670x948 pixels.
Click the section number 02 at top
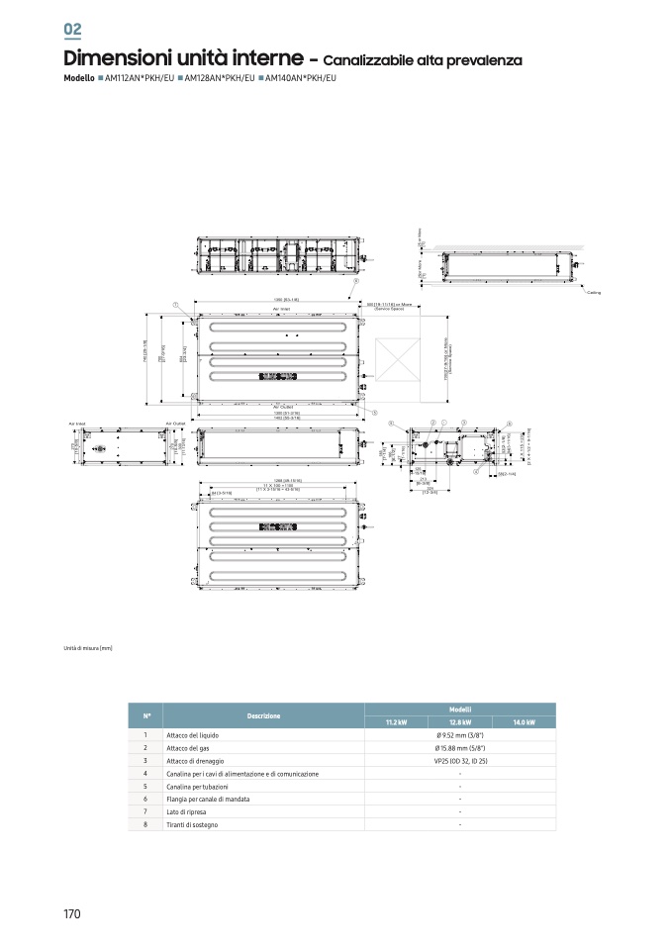tap(72, 30)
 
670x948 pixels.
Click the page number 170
tap(72, 913)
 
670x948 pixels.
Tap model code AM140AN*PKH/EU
tap(300, 77)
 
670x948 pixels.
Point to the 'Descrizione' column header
tap(263, 715)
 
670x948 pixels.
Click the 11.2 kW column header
tap(396, 722)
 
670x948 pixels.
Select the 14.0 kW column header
tap(524, 722)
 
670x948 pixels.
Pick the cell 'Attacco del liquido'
tap(193, 736)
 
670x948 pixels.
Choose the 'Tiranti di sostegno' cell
tap(192, 824)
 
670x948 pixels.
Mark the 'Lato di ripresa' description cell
tap(187, 810)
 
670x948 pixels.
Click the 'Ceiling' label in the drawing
tap(593, 293)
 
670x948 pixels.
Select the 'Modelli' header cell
tap(460, 709)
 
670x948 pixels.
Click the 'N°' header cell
tap(145, 715)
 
